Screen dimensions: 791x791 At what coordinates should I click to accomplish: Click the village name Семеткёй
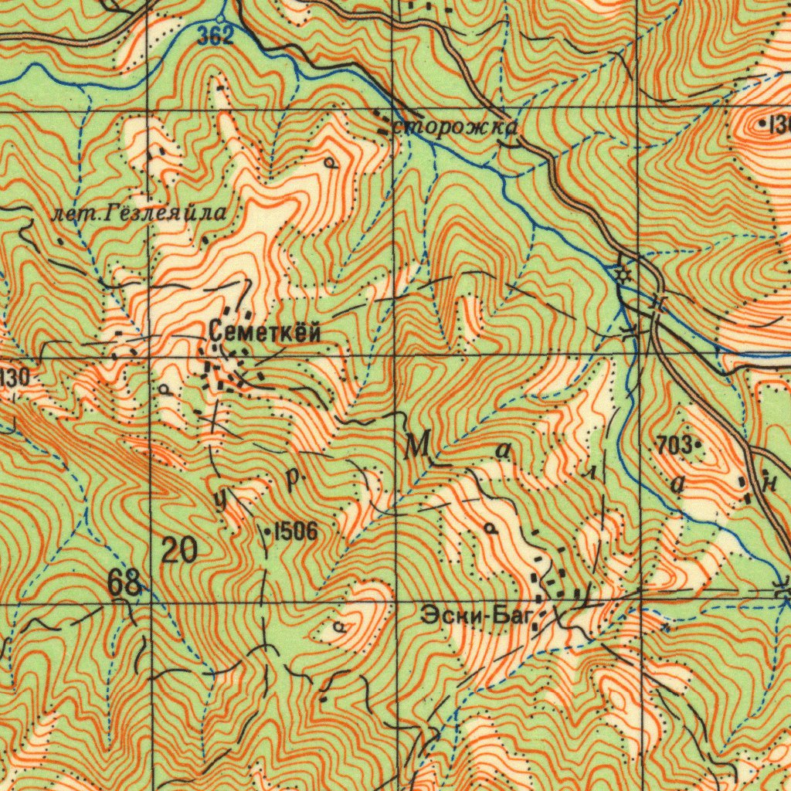(x=264, y=332)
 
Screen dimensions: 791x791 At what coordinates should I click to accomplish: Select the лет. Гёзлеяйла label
(x=139, y=214)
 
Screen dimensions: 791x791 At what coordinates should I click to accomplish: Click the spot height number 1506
(x=294, y=531)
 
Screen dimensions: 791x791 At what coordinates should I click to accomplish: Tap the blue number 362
(x=215, y=36)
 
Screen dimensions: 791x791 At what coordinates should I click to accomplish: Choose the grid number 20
(x=179, y=551)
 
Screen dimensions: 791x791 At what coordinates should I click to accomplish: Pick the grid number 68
(x=124, y=584)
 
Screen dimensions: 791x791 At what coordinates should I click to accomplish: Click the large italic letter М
(x=416, y=446)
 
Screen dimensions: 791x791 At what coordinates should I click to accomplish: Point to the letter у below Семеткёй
(x=221, y=501)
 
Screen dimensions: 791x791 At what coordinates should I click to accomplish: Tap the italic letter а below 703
(x=679, y=485)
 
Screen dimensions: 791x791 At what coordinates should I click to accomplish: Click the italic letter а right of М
(x=503, y=453)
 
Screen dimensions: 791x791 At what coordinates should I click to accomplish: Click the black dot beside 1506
(x=268, y=531)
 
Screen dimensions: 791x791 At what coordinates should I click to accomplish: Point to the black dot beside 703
(x=697, y=445)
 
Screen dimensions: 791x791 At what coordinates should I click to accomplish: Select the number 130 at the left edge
(x=14, y=378)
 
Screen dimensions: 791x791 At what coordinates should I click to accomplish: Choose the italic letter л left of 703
(x=592, y=473)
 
